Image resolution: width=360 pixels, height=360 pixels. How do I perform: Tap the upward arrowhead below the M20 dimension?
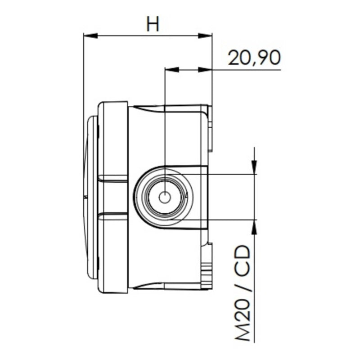[255, 226]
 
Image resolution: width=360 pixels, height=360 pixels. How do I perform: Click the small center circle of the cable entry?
[165, 197]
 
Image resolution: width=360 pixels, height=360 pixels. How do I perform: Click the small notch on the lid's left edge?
[85, 197]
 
